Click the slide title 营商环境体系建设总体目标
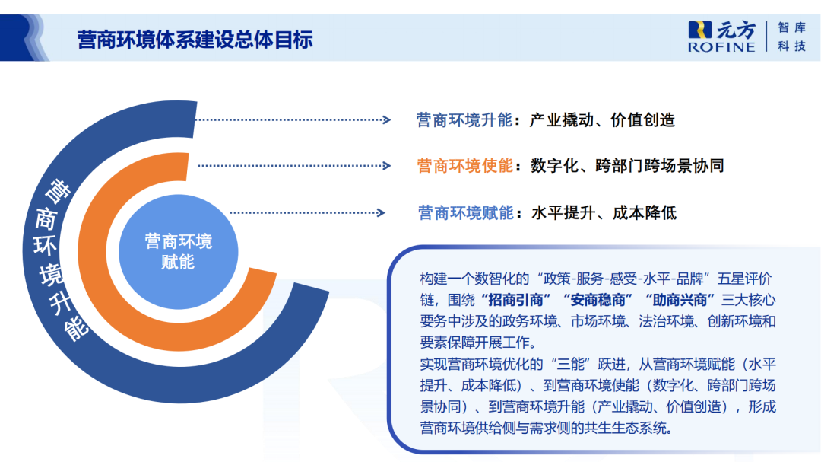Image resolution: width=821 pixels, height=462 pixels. (195, 40)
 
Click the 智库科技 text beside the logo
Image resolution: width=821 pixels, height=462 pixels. (791, 37)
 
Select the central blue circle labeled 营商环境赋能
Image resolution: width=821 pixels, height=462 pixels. (179, 252)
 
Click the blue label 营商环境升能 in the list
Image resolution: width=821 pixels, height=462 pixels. (464, 119)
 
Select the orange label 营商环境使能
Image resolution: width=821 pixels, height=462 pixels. (464, 165)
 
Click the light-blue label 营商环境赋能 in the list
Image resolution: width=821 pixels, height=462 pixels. (466, 212)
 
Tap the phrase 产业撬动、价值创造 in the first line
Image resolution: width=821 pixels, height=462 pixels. (602, 119)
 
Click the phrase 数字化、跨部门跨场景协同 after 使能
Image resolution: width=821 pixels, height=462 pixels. (627, 165)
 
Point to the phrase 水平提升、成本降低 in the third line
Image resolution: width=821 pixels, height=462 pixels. (604, 212)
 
